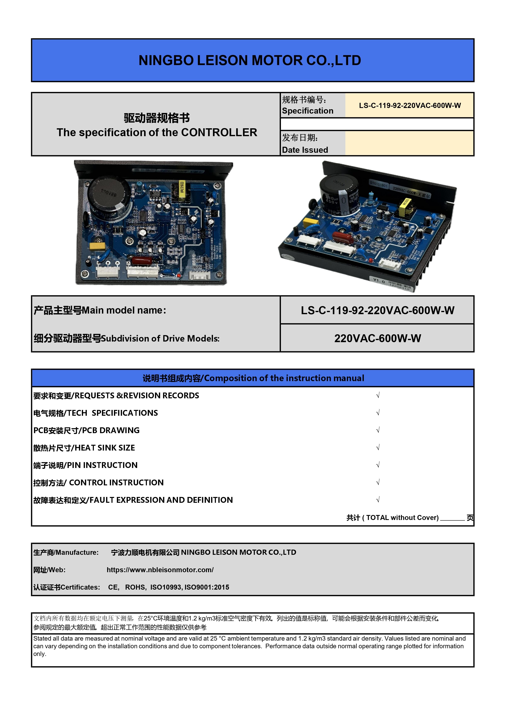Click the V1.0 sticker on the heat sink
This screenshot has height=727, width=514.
click(379, 281)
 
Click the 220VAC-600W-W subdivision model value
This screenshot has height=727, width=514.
click(378, 338)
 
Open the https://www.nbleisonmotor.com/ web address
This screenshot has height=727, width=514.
click(160, 570)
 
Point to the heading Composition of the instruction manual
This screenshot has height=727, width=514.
click(284, 378)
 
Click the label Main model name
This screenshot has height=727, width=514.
click(124, 310)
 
